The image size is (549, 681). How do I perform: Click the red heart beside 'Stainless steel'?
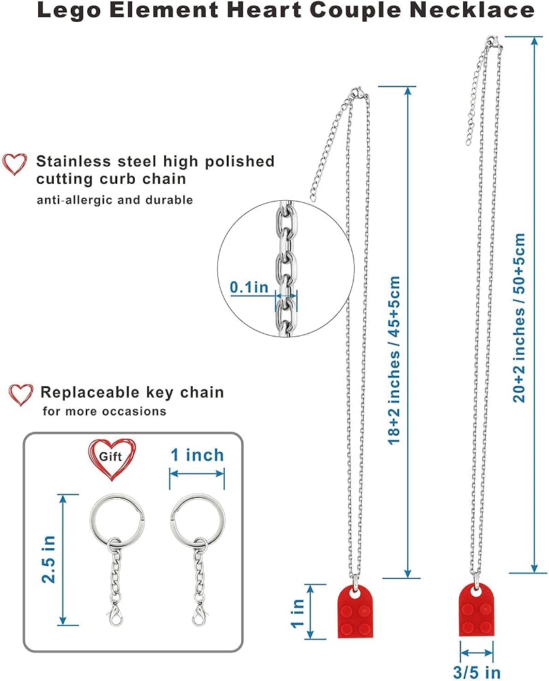14,164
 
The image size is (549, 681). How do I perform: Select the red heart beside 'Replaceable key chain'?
20,394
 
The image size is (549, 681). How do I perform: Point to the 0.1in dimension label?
249,287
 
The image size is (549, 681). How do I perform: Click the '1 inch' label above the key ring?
197,455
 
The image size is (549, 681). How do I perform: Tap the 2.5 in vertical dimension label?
48,559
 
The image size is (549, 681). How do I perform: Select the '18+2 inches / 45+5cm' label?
393,360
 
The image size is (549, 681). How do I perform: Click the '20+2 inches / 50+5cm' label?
519,317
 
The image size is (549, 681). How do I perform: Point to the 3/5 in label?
477,672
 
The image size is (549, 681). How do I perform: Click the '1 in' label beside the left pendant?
298,614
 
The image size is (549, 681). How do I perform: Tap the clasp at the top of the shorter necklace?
359,93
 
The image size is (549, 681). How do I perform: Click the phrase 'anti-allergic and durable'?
114,200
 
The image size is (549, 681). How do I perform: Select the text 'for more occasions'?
104,411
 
